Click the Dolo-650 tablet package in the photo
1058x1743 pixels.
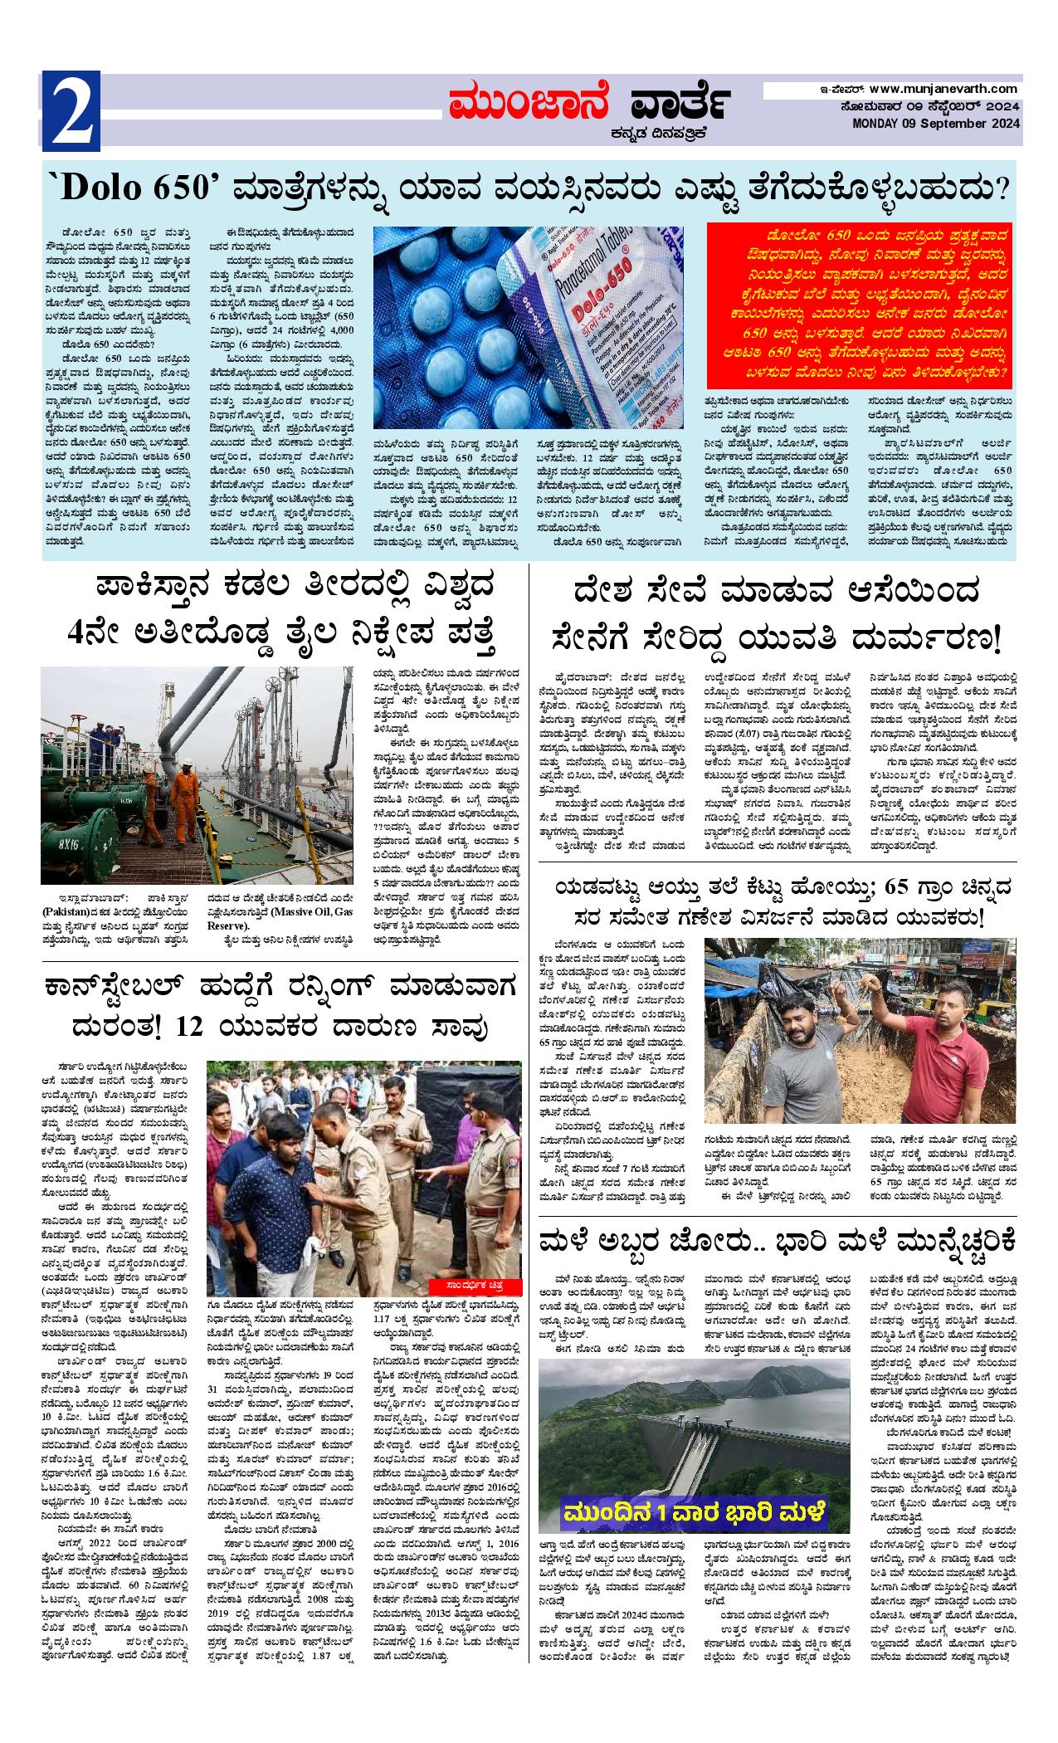(x=597, y=307)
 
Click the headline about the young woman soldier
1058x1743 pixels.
(x=777, y=614)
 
